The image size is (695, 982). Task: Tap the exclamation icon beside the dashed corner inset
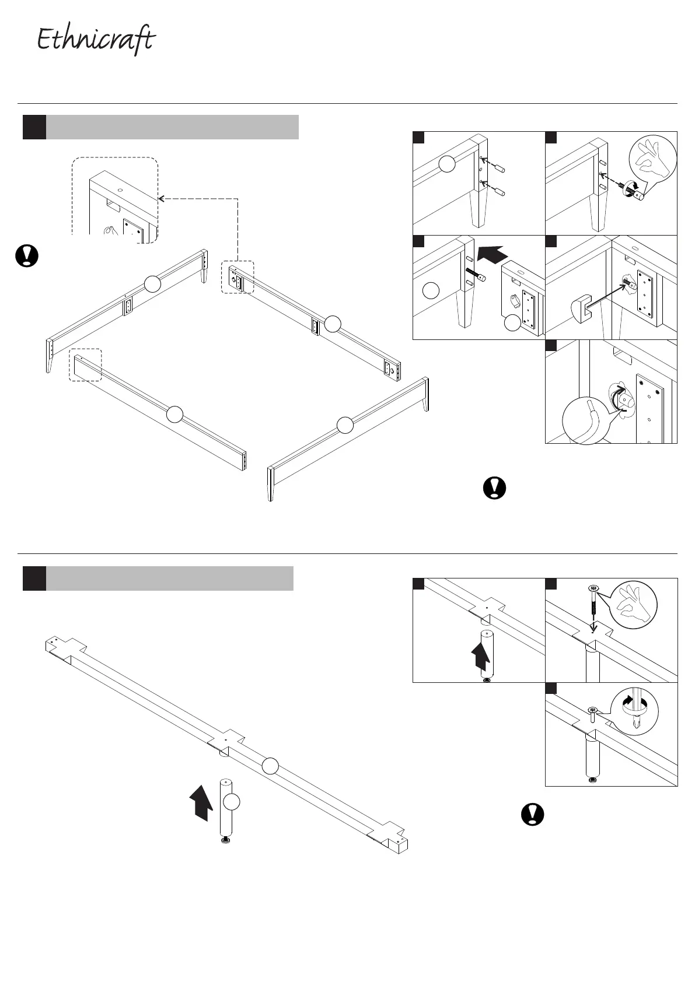26,256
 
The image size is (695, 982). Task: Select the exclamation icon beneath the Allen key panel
495,488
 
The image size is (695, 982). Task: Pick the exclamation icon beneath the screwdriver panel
532,814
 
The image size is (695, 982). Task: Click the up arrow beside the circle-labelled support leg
202,801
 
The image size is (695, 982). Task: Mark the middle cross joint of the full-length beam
226,739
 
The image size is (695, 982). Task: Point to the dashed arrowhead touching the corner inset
162,199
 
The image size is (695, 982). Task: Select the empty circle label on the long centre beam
270,766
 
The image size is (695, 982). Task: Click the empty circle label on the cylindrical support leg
232,802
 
